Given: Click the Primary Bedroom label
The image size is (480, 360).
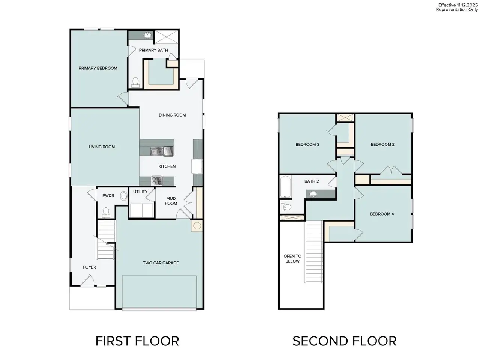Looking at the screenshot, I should (x=98, y=68).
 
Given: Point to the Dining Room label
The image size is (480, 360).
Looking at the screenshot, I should (x=172, y=115).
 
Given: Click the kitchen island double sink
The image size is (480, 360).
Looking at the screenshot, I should (x=156, y=151).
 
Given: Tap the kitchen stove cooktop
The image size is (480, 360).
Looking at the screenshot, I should (x=156, y=181).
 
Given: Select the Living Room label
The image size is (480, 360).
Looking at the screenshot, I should (x=102, y=147).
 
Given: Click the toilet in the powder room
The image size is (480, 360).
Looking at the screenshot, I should (x=106, y=212).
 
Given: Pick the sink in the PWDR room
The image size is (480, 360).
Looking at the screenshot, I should (x=123, y=196).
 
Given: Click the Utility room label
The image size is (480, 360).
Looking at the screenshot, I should (x=140, y=192).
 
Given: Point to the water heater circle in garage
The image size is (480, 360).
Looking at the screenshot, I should (x=197, y=226).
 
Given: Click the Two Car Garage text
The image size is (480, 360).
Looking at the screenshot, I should (x=160, y=263).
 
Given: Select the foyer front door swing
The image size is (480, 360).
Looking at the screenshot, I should (x=88, y=280).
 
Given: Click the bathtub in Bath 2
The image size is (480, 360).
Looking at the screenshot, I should (x=285, y=187).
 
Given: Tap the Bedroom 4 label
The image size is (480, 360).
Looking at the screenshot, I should (x=382, y=214).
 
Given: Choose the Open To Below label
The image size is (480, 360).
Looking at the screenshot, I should (x=292, y=259).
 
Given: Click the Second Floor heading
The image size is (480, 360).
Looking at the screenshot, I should (x=344, y=341).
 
